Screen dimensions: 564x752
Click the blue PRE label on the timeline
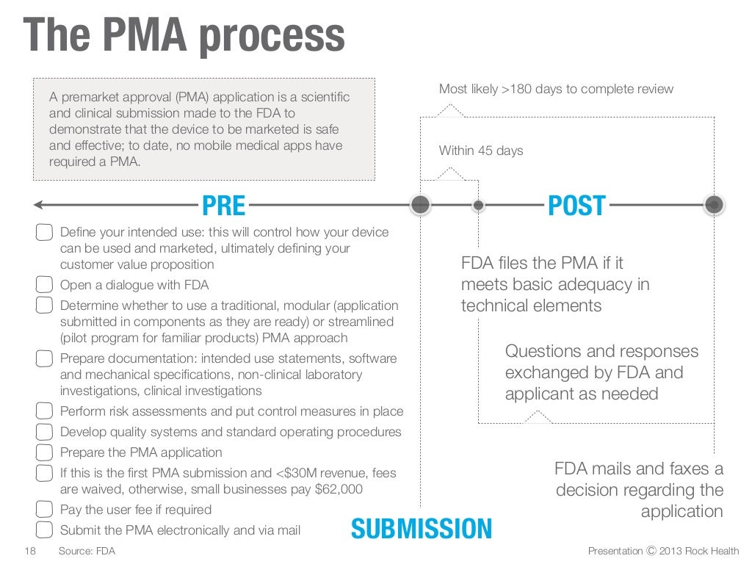[223, 206]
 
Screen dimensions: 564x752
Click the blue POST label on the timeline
[576, 206]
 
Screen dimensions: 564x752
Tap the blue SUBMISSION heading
[421, 529]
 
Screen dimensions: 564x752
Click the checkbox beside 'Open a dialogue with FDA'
[45, 285]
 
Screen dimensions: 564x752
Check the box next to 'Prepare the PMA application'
[45, 452]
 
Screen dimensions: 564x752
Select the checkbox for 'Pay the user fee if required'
[45, 510]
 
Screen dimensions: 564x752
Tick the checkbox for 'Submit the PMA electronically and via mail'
[45, 530]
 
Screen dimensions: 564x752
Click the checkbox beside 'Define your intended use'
[45, 233]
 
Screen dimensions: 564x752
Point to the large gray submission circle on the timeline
[420, 205]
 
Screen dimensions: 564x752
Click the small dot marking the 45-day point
[478, 206]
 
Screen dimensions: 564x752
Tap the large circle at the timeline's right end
[713, 205]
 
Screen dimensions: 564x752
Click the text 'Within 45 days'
[481, 151]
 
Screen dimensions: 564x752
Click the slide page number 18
[30, 551]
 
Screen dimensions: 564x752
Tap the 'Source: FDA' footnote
[87, 551]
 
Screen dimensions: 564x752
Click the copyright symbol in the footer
[651, 551]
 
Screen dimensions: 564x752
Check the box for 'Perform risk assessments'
[45, 411]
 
